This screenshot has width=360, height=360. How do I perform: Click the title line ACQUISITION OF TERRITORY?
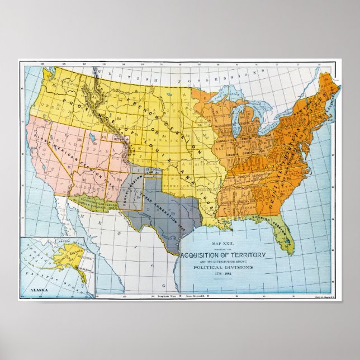point(222,255)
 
